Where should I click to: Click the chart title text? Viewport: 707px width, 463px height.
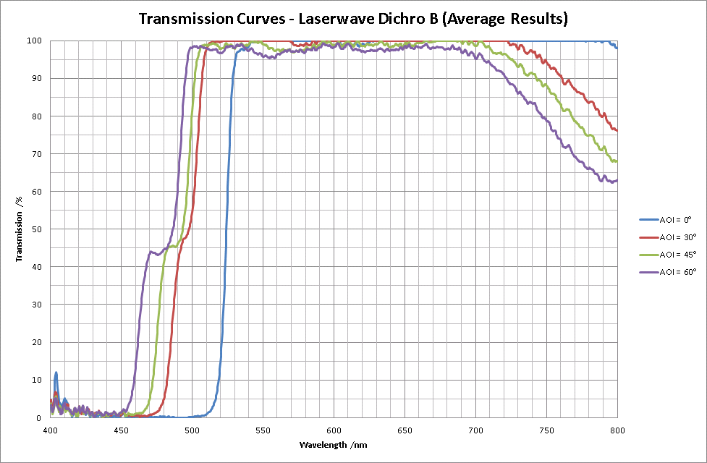353,19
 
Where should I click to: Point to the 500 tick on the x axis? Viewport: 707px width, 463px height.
192,430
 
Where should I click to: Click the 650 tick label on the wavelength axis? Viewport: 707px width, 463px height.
405,430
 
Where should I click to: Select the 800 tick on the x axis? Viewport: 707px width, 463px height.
617,430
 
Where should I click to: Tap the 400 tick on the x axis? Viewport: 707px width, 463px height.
50,430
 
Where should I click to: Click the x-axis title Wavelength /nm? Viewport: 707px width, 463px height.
334,444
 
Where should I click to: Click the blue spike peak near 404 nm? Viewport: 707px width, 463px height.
56,373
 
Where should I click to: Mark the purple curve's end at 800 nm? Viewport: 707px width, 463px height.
617,181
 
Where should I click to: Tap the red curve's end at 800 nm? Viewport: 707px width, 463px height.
617,130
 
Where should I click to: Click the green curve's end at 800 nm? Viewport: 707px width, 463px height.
617,161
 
